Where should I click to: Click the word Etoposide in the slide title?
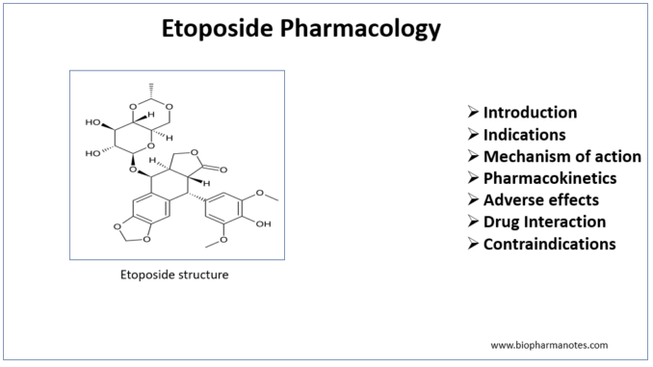(218, 29)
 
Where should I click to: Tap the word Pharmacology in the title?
(360, 29)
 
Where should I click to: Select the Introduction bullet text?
(530, 113)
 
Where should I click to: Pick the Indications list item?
(524, 135)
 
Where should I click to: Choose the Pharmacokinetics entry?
(550, 178)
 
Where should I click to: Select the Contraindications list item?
(549, 244)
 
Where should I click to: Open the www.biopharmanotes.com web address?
(549, 345)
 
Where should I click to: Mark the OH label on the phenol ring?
(263, 224)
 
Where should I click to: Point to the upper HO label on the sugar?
(92, 122)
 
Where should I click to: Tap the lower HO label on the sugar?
(92, 153)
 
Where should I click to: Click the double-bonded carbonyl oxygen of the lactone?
(223, 170)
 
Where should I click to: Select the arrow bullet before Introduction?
(473, 112)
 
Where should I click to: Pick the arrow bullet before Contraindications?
(473, 244)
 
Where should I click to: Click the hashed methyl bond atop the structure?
(151, 91)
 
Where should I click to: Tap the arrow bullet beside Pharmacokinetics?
(473, 177)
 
